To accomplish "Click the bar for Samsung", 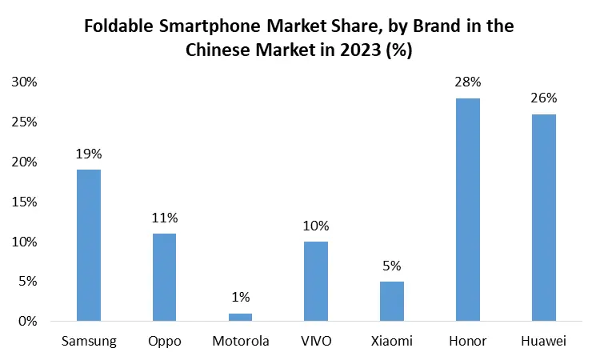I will (88, 245).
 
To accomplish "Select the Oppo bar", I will (164, 277).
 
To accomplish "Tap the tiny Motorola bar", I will (240, 317).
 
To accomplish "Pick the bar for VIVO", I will (316, 281).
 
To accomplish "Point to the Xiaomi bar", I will (392, 301).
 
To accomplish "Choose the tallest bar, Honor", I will (468, 210).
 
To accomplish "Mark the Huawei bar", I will (544, 218).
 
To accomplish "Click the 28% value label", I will (468, 82).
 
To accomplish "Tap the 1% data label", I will (240, 297).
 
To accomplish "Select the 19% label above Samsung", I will (88, 154).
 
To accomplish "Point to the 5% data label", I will (392, 266).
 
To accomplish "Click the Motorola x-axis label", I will (240, 342).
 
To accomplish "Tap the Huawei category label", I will (544, 342).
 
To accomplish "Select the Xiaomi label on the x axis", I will (392, 342).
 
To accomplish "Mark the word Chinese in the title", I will (216, 50).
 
